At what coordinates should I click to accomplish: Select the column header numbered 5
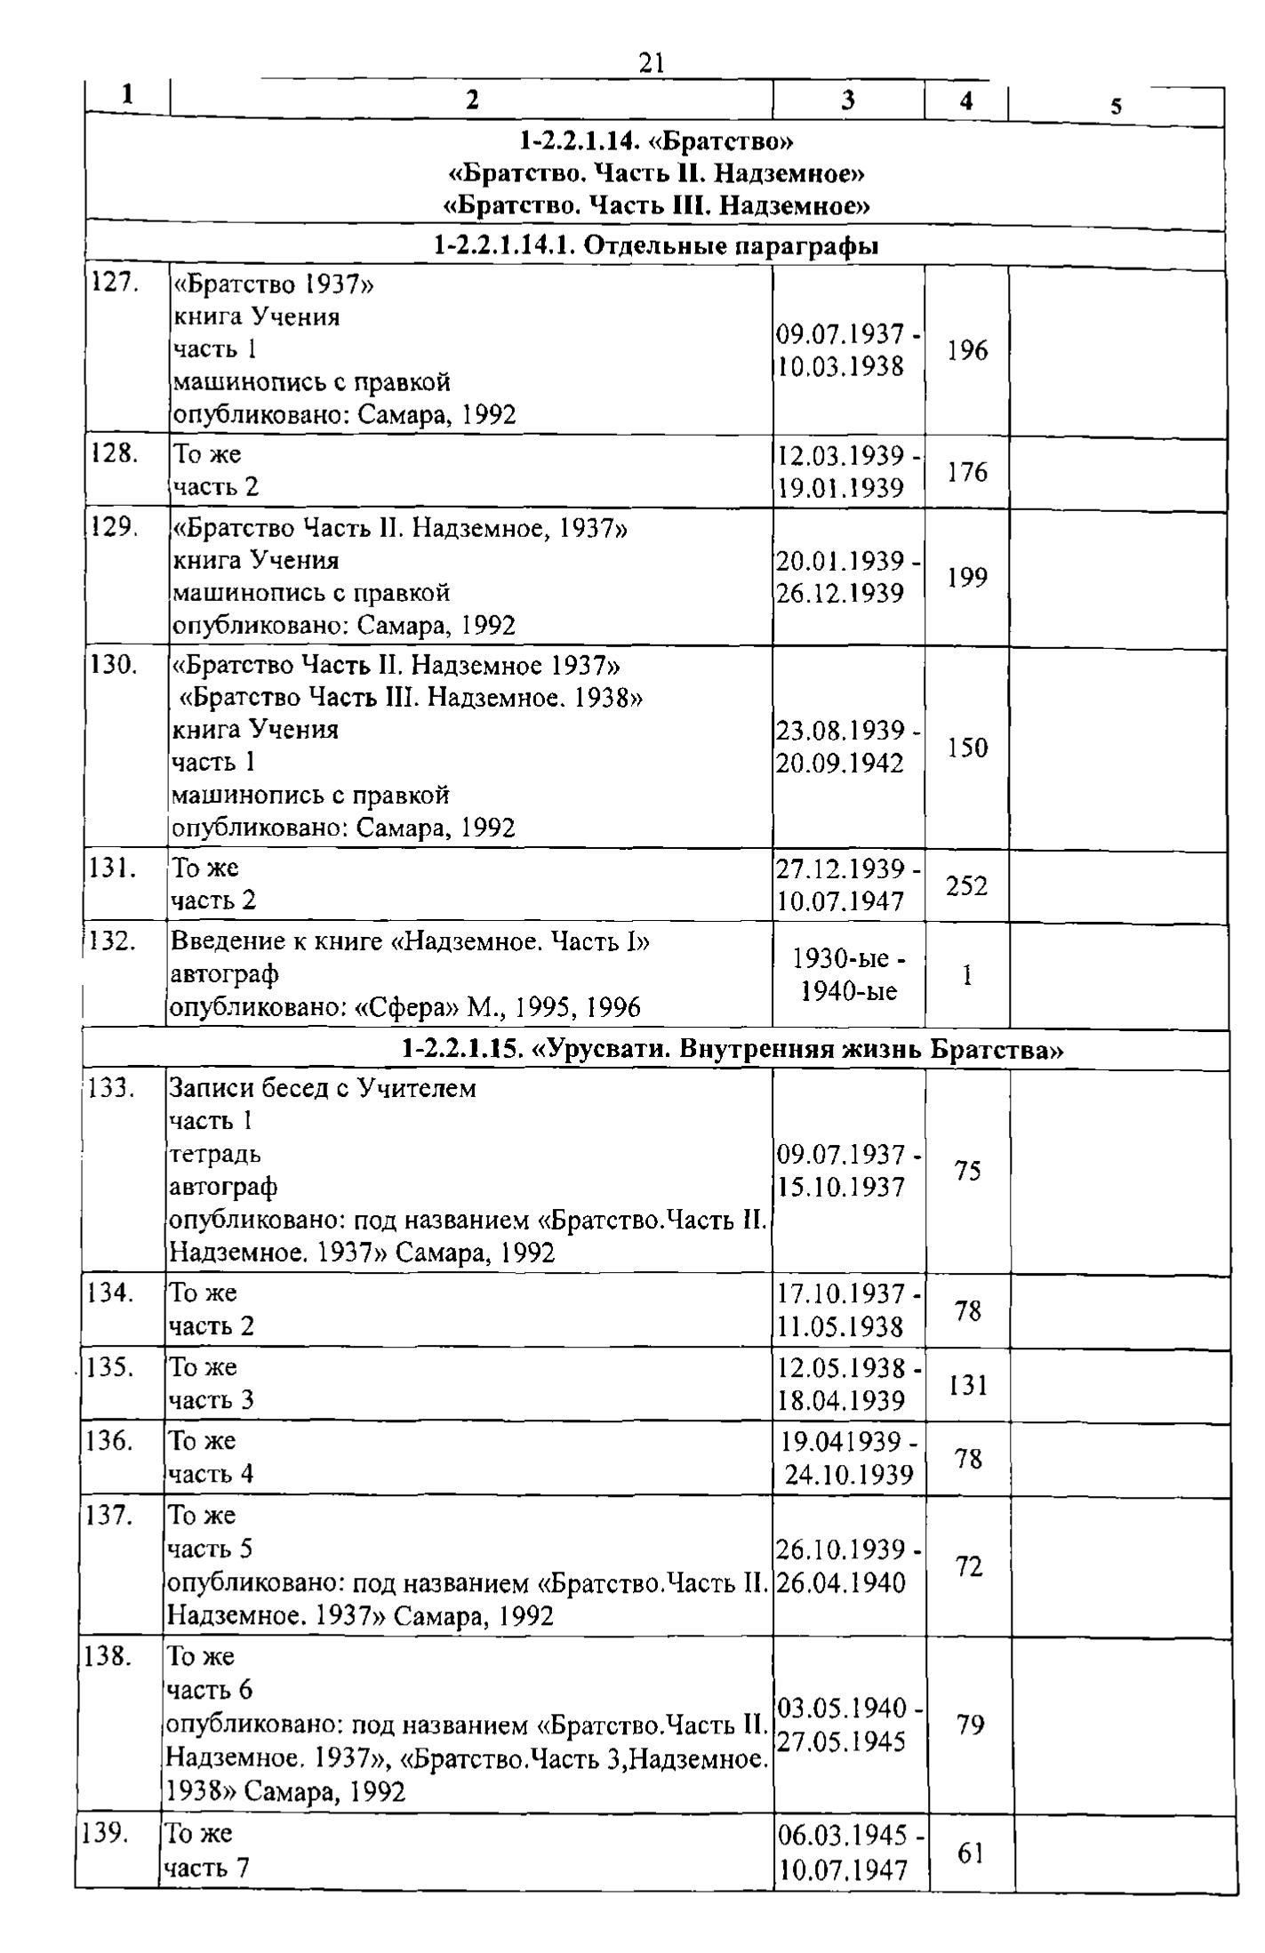(x=1116, y=107)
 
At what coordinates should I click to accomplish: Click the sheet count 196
(x=966, y=351)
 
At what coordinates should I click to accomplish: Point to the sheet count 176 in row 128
(x=966, y=471)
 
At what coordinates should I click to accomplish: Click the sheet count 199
(x=966, y=578)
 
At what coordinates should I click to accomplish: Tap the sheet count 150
(x=966, y=748)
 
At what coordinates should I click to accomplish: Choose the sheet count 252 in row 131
(x=966, y=885)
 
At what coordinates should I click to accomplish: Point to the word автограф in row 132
(x=224, y=974)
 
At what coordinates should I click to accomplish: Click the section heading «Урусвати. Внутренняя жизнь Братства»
(x=733, y=1050)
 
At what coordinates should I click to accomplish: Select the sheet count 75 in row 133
(x=968, y=1171)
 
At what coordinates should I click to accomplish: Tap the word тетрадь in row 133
(x=215, y=1154)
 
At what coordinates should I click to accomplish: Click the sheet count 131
(x=968, y=1384)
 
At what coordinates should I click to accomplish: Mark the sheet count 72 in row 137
(x=969, y=1566)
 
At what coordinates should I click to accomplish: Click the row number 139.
(x=103, y=1833)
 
